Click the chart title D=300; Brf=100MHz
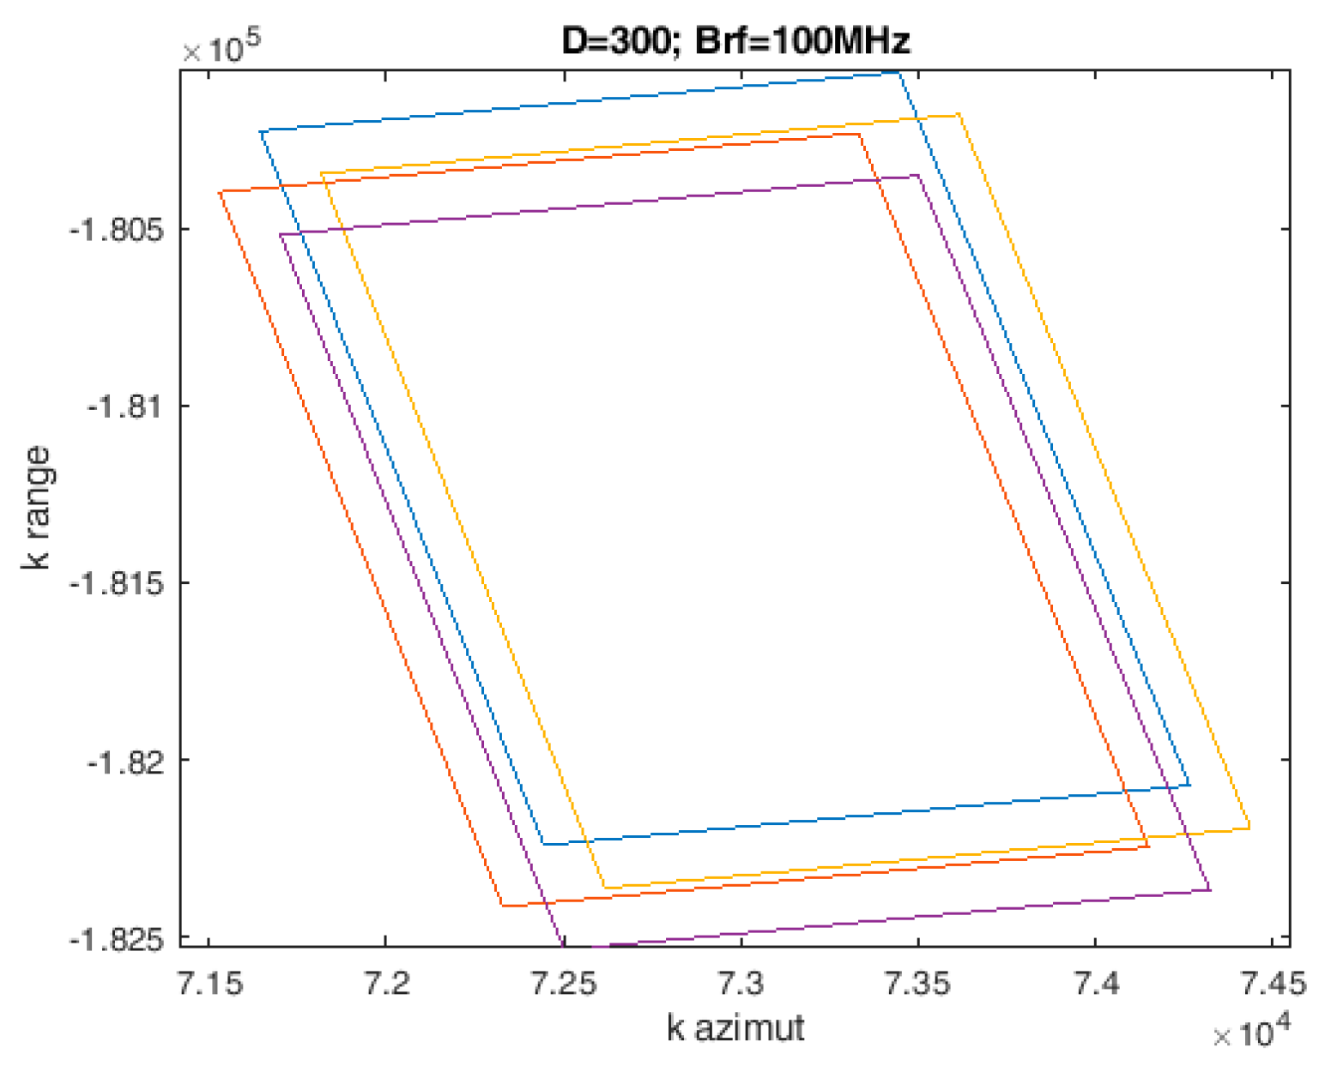pyautogui.click(x=735, y=40)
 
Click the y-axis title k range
pyautogui.click(x=37, y=508)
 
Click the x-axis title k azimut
pyautogui.click(x=735, y=1027)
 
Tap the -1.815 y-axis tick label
pyautogui.click(x=119, y=583)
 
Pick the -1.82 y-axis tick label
pyautogui.click(x=127, y=760)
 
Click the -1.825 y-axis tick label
pyautogui.click(x=119, y=939)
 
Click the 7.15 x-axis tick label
pyautogui.click(x=209, y=983)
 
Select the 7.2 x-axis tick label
pyautogui.click(x=386, y=983)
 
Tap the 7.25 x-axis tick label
pyautogui.click(x=564, y=983)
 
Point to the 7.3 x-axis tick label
pyautogui.click(x=741, y=983)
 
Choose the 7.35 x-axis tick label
pyautogui.click(x=918, y=983)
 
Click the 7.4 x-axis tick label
pyautogui.click(x=1096, y=983)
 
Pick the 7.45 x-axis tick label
pyautogui.click(x=1273, y=983)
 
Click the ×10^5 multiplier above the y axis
pyautogui.click(x=221, y=46)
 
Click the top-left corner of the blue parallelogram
pyautogui.click(x=261, y=131)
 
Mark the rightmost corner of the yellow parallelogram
pyautogui.click(x=1249, y=828)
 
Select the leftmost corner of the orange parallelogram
pyautogui.click(x=220, y=191)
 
